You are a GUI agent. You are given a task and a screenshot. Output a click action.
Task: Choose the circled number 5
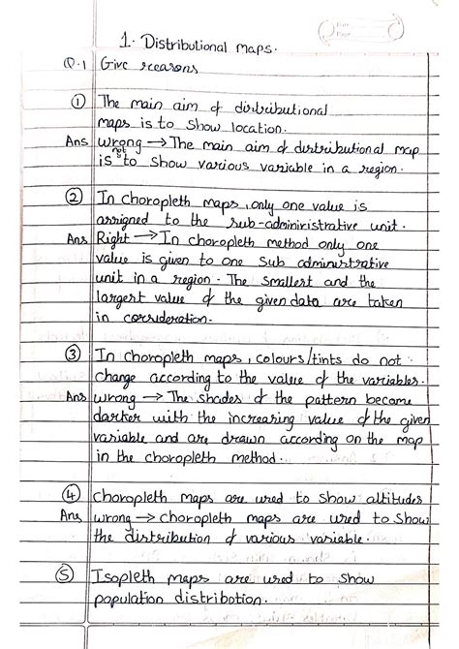[x=75, y=578]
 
